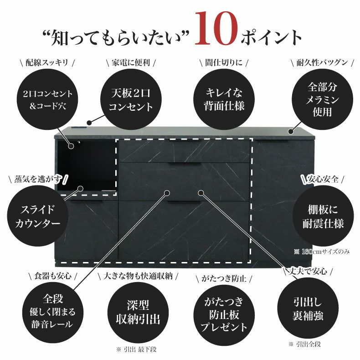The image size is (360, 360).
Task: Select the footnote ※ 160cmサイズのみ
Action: coord(322,251)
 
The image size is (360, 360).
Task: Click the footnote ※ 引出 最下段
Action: coord(137,349)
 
